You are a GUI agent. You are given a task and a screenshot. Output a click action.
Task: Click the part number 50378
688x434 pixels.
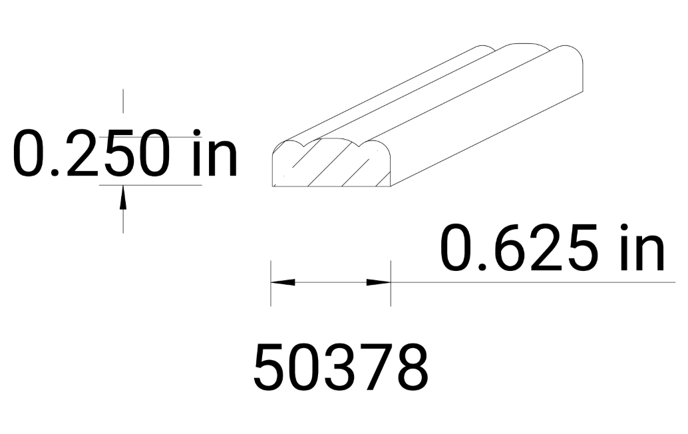[x=341, y=367]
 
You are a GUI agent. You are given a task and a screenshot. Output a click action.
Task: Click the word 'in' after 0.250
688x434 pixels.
[x=211, y=154]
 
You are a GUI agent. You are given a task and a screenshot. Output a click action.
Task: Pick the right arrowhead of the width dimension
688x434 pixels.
[x=379, y=282]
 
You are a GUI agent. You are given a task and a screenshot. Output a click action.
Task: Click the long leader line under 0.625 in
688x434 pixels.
[x=532, y=282]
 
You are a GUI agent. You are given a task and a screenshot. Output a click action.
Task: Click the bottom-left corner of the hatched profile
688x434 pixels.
[x=273, y=186]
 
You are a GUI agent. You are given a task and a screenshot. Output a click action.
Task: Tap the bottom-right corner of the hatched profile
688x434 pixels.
[x=390, y=186]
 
